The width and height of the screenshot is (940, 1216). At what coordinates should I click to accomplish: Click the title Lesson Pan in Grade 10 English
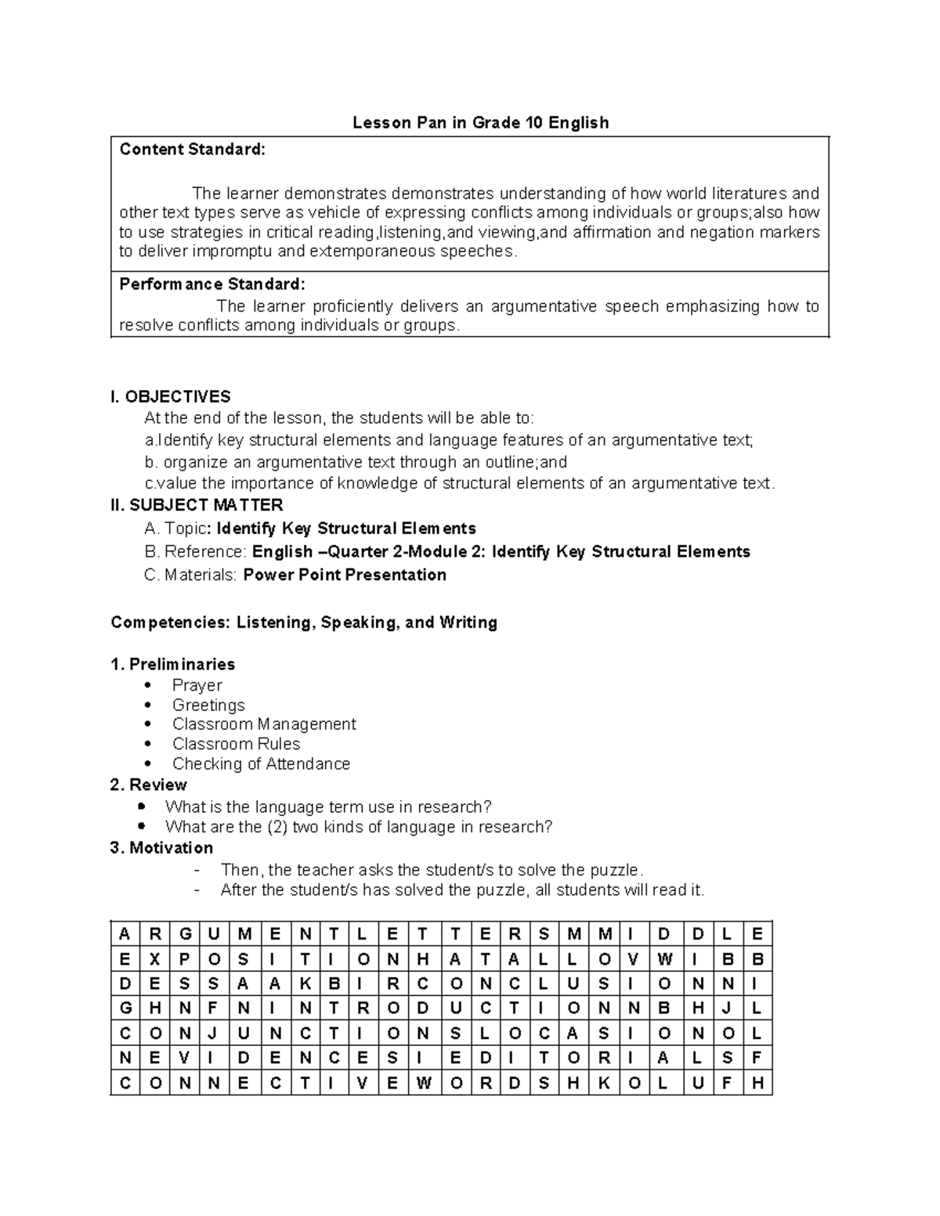click(x=480, y=122)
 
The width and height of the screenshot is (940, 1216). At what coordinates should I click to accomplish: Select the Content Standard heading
click(x=192, y=149)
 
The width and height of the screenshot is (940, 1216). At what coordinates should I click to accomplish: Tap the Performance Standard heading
click(x=211, y=283)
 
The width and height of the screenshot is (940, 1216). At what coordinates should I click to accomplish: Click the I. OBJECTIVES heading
click(x=171, y=396)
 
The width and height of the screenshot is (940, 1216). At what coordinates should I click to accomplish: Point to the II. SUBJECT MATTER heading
click(x=197, y=505)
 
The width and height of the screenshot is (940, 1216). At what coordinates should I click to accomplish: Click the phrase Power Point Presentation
click(x=345, y=575)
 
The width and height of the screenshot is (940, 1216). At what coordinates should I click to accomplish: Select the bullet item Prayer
click(x=197, y=685)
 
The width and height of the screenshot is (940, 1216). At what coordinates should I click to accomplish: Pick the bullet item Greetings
click(x=208, y=705)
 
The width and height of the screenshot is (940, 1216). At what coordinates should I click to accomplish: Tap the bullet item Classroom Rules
click(x=236, y=744)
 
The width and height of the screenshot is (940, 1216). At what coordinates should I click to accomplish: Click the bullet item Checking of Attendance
click(x=261, y=763)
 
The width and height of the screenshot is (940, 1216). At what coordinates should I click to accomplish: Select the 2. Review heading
click(x=149, y=785)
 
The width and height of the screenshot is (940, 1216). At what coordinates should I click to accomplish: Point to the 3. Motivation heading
click(x=161, y=848)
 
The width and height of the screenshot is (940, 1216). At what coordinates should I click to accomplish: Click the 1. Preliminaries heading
click(x=172, y=664)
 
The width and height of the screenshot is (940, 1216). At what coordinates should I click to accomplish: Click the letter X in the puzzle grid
click(x=154, y=959)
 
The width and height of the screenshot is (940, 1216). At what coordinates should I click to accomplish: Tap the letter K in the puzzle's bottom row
click(x=603, y=1084)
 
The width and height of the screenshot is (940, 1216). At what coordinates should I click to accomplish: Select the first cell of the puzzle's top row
click(x=125, y=934)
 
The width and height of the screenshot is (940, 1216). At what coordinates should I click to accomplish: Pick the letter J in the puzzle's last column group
click(x=728, y=1009)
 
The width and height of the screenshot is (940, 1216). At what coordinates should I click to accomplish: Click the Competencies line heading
click(x=304, y=622)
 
